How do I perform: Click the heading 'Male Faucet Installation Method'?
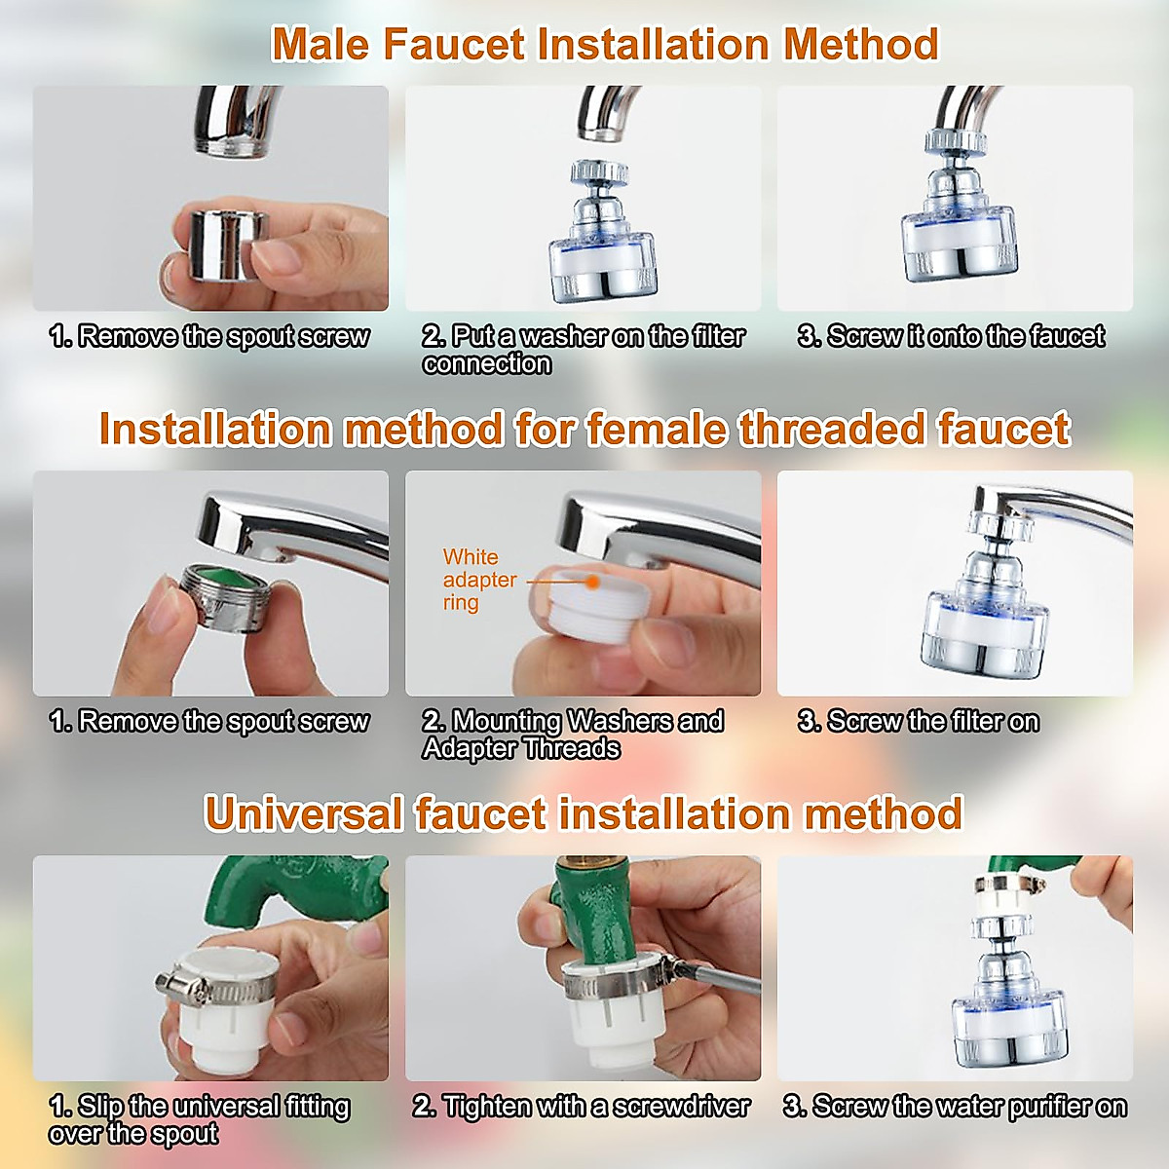click(604, 45)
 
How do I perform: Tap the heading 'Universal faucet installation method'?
click(584, 813)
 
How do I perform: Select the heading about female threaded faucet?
click(584, 429)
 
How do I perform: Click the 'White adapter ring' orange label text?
click(478, 580)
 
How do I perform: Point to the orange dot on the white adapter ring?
click(592, 582)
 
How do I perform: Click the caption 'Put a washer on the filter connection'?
click(583, 350)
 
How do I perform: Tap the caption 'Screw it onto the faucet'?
click(951, 337)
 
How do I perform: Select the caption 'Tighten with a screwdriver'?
click(582, 1107)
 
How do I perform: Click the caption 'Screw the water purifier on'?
click(955, 1107)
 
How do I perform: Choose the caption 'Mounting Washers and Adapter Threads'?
click(573, 735)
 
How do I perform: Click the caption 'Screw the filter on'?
click(918, 722)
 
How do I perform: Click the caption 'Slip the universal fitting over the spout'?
click(199, 1119)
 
